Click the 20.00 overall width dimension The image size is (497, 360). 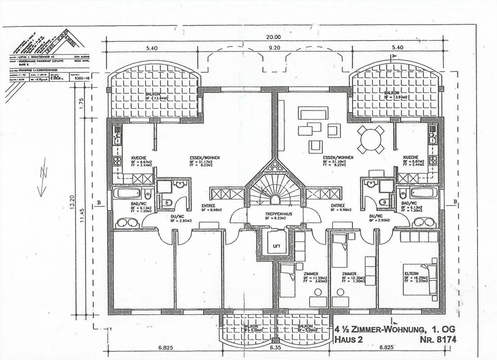(x=274, y=37)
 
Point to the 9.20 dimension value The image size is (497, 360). (x=274, y=48)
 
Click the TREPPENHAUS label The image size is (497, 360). (x=279, y=214)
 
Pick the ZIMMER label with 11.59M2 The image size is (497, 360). (x=311, y=273)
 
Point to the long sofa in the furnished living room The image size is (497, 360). (x=314, y=113)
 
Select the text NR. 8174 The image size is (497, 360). (x=438, y=340)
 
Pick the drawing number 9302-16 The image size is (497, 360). (x=80, y=78)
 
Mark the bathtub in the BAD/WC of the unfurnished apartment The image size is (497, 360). (x=128, y=193)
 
